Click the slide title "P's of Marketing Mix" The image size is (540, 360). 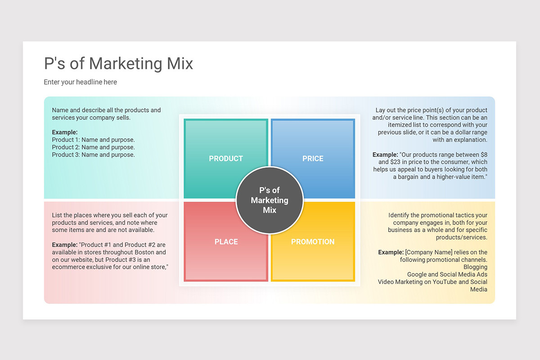coord(118,63)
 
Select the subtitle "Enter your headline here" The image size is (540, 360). coord(80,82)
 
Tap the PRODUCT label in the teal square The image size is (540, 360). coord(226,158)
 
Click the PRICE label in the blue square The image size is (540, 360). coord(313,158)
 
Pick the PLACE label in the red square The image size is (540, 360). coord(226,242)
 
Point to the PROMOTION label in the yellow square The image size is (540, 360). coord(313,242)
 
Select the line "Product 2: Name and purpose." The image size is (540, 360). coord(93,147)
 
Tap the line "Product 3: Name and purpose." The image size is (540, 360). coord(93,155)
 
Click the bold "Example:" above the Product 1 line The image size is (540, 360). coord(65,132)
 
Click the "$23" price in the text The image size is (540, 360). coord(383,162)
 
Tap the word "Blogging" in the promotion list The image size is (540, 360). coord(475,267)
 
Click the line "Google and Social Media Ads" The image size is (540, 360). coord(447,274)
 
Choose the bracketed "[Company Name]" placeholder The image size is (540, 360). coord(425,252)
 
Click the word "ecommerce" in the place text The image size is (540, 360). coord(67,267)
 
